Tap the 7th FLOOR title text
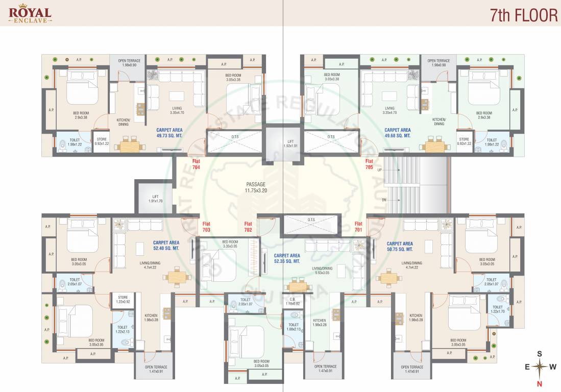point(523,15)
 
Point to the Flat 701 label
point(358,227)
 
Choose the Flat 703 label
point(206,227)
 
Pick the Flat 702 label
point(248,227)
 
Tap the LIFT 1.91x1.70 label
point(155,199)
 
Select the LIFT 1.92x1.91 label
point(290,143)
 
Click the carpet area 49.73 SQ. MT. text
point(169,133)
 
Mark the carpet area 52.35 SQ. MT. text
point(287,258)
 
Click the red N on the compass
point(539,383)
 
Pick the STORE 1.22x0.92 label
point(123,300)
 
